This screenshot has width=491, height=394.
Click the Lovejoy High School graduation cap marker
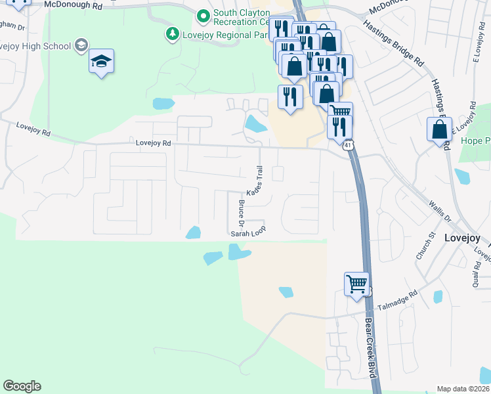[101, 62]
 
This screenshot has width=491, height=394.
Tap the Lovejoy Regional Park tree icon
[173, 33]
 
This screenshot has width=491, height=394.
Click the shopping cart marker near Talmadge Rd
[356, 284]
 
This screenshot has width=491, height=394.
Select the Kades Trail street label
[254, 181]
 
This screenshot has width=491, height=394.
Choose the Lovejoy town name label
[462, 238]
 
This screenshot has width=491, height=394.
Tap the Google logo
[22, 385]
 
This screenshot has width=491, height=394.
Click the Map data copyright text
[463, 389]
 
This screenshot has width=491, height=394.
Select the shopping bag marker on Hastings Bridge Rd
[439, 129]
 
